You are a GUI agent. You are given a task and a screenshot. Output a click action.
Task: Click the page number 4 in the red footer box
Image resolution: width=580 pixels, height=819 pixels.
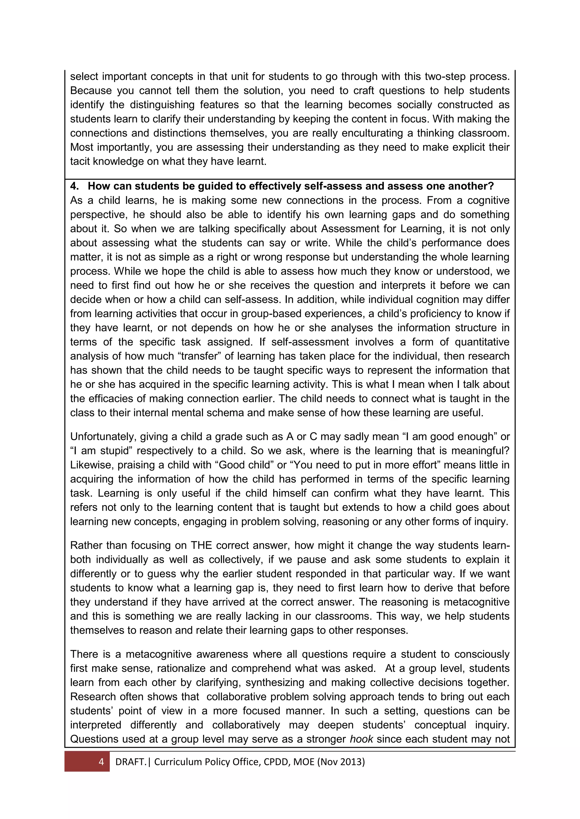[101, 762]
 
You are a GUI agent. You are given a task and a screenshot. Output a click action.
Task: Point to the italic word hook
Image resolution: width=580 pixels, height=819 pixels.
[361, 739]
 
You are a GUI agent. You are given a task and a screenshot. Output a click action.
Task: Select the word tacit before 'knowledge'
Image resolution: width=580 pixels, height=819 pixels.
[80, 161]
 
